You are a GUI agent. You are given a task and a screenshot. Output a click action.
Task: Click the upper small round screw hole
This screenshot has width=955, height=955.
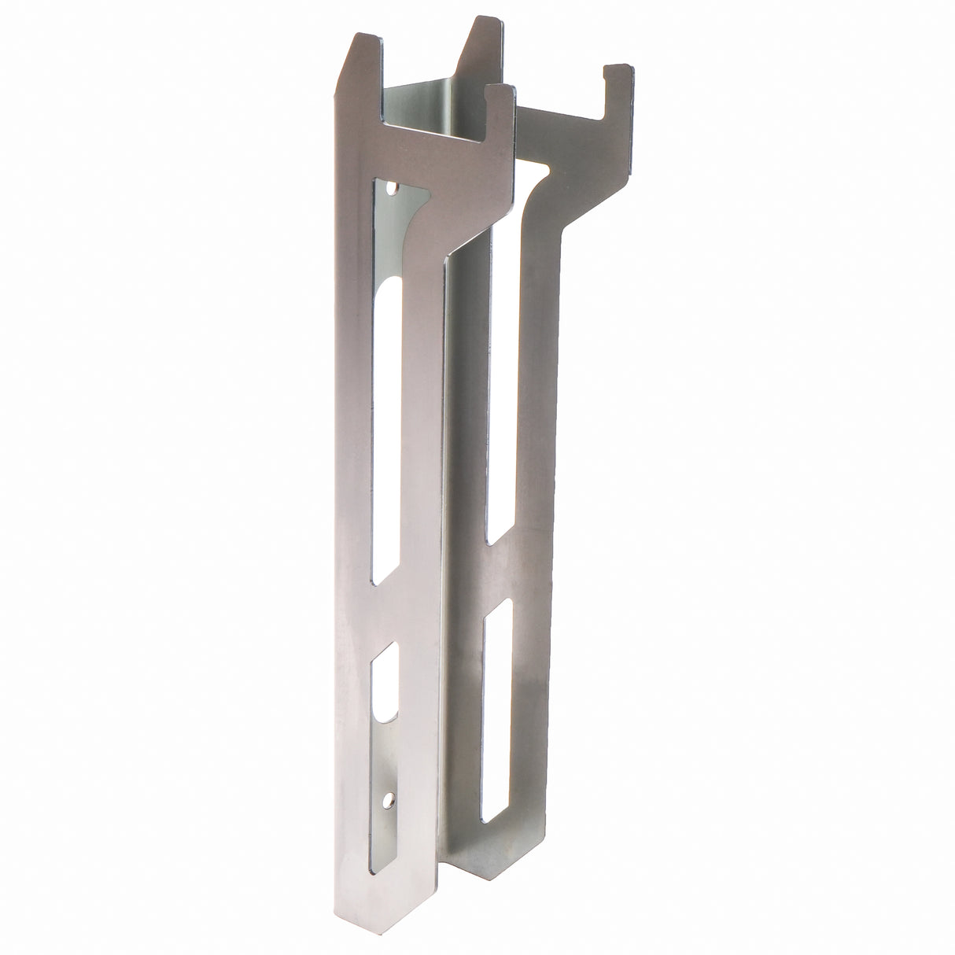click(x=393, y=189)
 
